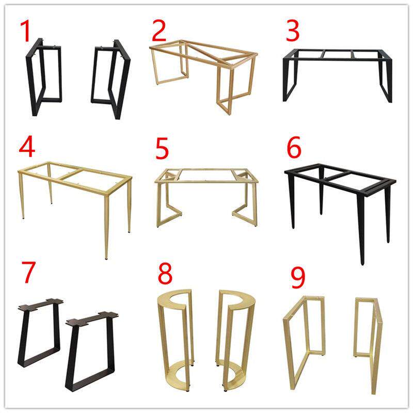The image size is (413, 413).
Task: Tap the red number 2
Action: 159,30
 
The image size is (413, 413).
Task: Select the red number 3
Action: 292,31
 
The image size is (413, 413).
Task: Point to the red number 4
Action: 27,147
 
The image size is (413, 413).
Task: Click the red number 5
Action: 162,149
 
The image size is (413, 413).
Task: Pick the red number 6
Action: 294,147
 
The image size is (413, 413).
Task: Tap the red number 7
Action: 28,273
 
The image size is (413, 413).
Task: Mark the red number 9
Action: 298,277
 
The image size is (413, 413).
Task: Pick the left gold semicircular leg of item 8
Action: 161,342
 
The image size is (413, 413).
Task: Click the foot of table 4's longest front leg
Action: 106,258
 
